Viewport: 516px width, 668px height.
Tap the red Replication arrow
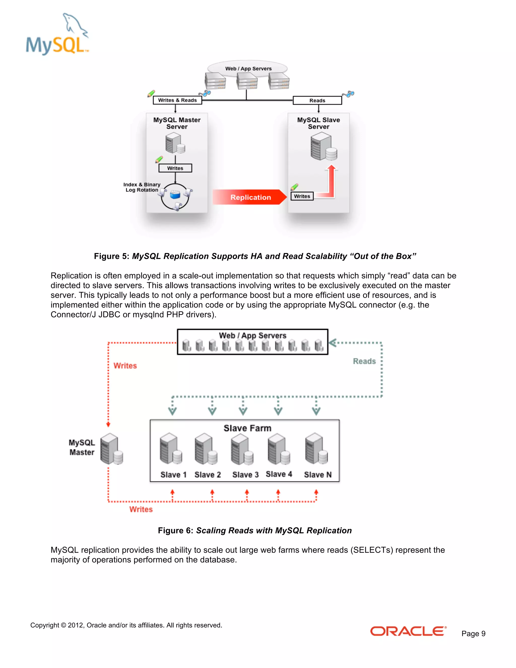(x=249, y=197)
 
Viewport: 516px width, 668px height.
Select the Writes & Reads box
(x=177, y=100)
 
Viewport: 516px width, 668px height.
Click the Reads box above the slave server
(x=317, y=101)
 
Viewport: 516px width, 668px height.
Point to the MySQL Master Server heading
(x=177, y=123)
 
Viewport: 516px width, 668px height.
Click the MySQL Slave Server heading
(x=318, y=123)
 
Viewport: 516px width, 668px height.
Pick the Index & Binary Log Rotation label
(x=142, y=187)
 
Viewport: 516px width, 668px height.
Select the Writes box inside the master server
(x=175, y=168)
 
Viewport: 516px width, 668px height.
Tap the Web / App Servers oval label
(x=248, y=69)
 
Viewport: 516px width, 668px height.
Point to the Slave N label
(x=318, y=475)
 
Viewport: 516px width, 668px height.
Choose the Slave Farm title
(x=247, y=428)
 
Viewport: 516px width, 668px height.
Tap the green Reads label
(x=364, y=361)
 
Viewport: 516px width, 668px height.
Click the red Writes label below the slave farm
(x=141, y=509)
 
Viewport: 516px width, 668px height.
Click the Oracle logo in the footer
(x=408, y=631)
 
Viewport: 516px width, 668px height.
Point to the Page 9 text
(x=473, y=633)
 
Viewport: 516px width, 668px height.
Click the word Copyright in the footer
(x=45, y=625)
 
